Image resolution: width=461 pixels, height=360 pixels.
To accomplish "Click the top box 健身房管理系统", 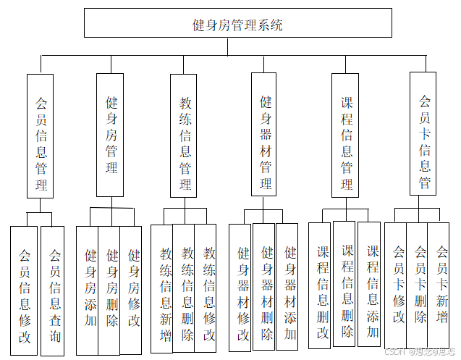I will click(237, 24).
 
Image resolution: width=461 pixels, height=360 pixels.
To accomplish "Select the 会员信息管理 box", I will click(41, 135).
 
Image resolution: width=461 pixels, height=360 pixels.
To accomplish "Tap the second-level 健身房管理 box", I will click(111, 135).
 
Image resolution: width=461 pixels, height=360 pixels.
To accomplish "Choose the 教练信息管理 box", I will click(184, 135).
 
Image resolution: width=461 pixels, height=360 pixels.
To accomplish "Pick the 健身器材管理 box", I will click(265, 135).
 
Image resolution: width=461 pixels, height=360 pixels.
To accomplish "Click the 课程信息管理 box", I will click(346, 135).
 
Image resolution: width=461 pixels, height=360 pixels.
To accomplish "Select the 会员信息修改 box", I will click(25, 290).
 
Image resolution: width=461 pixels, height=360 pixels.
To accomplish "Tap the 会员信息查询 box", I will click(54, 290).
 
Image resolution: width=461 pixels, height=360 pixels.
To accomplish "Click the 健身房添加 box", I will click(89, 290).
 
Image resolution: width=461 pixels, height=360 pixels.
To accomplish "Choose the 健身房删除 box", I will click(111, 290).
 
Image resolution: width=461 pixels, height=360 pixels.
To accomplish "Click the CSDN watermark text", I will click(421, 351).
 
